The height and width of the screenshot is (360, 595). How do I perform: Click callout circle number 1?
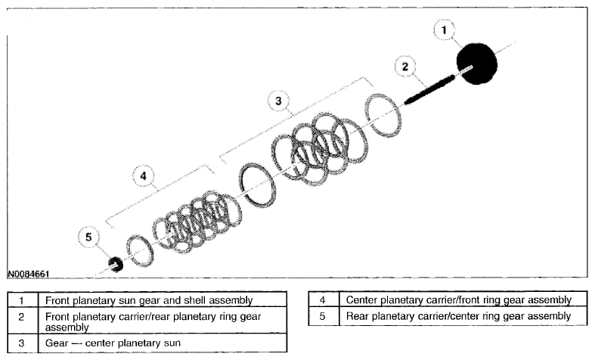click(444, 29)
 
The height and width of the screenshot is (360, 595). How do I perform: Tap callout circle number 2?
click(405, 67)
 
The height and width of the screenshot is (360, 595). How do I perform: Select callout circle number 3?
click(278, 101)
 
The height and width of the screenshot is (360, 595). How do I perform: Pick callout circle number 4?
click(144, 175)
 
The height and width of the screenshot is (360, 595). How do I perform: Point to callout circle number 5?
click(88, 237)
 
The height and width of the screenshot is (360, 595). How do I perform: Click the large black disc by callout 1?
click(477, 64)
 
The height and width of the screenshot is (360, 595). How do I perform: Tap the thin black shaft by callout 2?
click(429, 89)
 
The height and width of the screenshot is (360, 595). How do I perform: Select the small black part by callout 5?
click(116, 264)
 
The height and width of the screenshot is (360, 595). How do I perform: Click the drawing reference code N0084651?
click(29, 274)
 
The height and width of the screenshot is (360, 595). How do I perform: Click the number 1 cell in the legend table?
click(23, 299)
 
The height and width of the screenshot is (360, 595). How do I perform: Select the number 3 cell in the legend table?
click(23, 343)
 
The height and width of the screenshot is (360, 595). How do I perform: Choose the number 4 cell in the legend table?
click(323, 299)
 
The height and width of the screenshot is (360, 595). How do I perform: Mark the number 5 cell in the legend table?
click(323, 316)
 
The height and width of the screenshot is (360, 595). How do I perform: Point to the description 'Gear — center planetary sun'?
click(113, 343)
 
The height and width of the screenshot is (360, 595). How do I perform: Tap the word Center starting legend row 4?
click(361, 299)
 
